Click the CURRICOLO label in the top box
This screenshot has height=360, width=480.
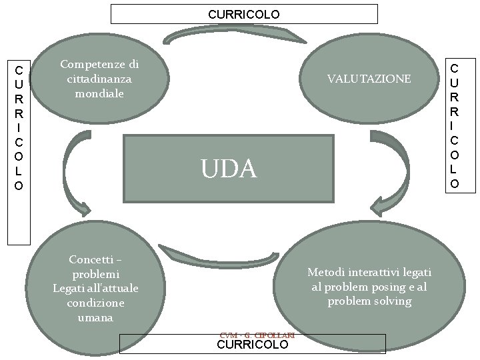[x=243, y=14]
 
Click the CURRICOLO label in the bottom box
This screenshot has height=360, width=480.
[x=253, y=345]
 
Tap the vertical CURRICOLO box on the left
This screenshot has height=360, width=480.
[x=19, y=127]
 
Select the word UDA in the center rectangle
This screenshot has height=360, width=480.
[x=229, y=169]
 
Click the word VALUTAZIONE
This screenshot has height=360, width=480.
[x=369, y=79]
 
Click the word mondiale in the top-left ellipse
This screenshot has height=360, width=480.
[x=99, y=93]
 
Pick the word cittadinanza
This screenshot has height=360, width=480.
[x=99, y=79]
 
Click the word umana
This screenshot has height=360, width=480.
[x=95, y=318]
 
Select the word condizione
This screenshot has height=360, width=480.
[x=95, y=303]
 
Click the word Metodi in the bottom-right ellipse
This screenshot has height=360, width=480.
[x=325, y=272]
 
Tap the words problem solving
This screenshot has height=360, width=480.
[x=369, y=301]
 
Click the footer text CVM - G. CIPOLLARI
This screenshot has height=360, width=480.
[x=257, y=335]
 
